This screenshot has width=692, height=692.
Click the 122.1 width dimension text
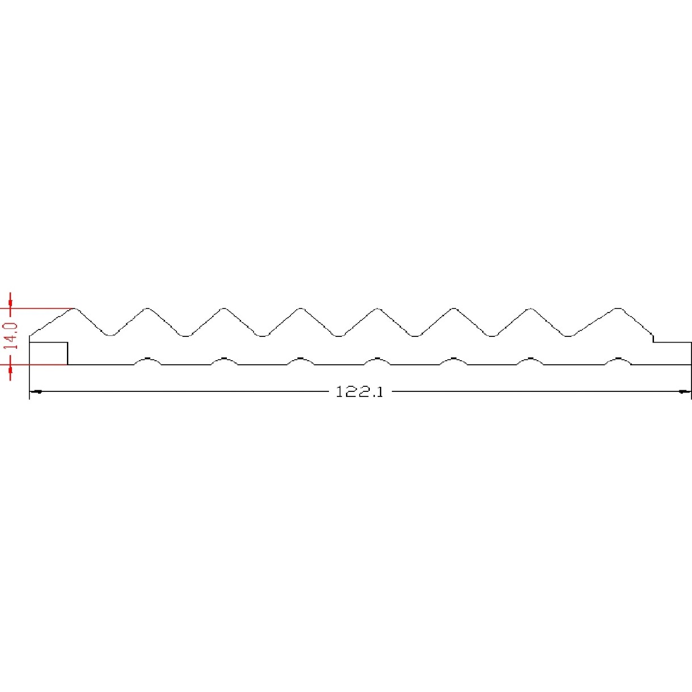click(360, 392)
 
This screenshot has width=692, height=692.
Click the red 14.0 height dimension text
click(11, 336)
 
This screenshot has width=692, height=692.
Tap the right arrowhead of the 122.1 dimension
click(685, 391)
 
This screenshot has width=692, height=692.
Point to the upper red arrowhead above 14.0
click(10, 301)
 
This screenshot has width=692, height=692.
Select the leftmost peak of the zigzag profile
click(74, 309)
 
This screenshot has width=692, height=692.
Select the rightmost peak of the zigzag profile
click(618, 309)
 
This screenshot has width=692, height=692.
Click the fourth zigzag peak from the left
click(301, 309)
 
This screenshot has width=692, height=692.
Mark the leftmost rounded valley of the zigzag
click(111, 335)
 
